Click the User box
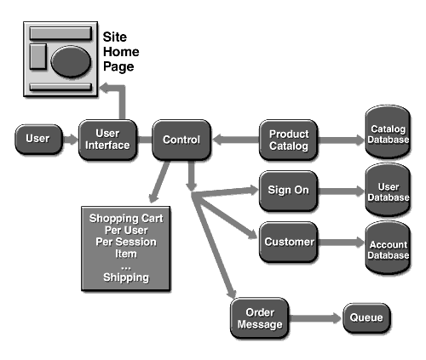38,139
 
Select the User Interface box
107,140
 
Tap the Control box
181,140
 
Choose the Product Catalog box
288,140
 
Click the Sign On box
288,191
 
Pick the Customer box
288,242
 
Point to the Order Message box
260,318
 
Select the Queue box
366,317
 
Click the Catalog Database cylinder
388,132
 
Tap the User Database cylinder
388,190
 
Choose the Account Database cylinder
388,248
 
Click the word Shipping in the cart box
126,277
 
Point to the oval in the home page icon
71,61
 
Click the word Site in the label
115,37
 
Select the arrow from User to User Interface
71,140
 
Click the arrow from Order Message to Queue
315,318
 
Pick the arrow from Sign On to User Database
341,191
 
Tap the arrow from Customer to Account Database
341,242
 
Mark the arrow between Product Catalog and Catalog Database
341,140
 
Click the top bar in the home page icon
60,33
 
